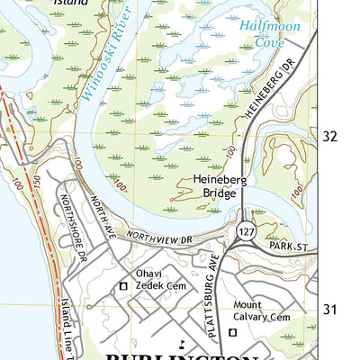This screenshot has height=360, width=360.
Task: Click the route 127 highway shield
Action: tap(244, 232)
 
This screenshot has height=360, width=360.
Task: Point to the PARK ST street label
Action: tap(288, 245)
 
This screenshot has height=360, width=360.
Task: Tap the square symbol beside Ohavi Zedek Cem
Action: tap(124, 287)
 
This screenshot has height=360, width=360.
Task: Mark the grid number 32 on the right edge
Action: tap(330, 136)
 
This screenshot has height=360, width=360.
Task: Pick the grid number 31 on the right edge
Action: tap(330, 310)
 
